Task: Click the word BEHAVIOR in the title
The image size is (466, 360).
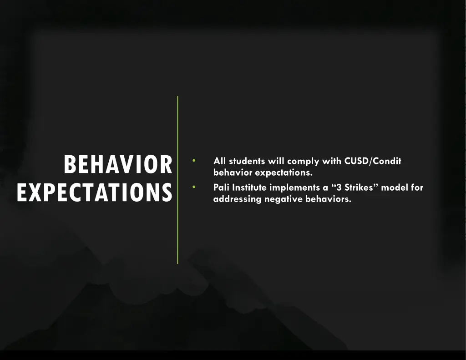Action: [x=118, y=164]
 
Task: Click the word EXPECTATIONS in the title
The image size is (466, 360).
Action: [x=95, y=192]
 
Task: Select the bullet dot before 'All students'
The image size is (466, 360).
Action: [x=194, y=161]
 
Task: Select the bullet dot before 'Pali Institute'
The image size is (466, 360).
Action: [x=194, y=187]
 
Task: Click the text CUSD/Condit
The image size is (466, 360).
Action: [x=373, y=161]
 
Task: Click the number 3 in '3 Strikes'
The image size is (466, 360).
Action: [x=339, y=188]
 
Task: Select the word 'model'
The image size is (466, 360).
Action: [x=394, y=188]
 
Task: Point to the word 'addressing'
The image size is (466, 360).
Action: [x=237, y=199]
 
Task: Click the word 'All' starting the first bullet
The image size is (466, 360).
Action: [x=220, y=161]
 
